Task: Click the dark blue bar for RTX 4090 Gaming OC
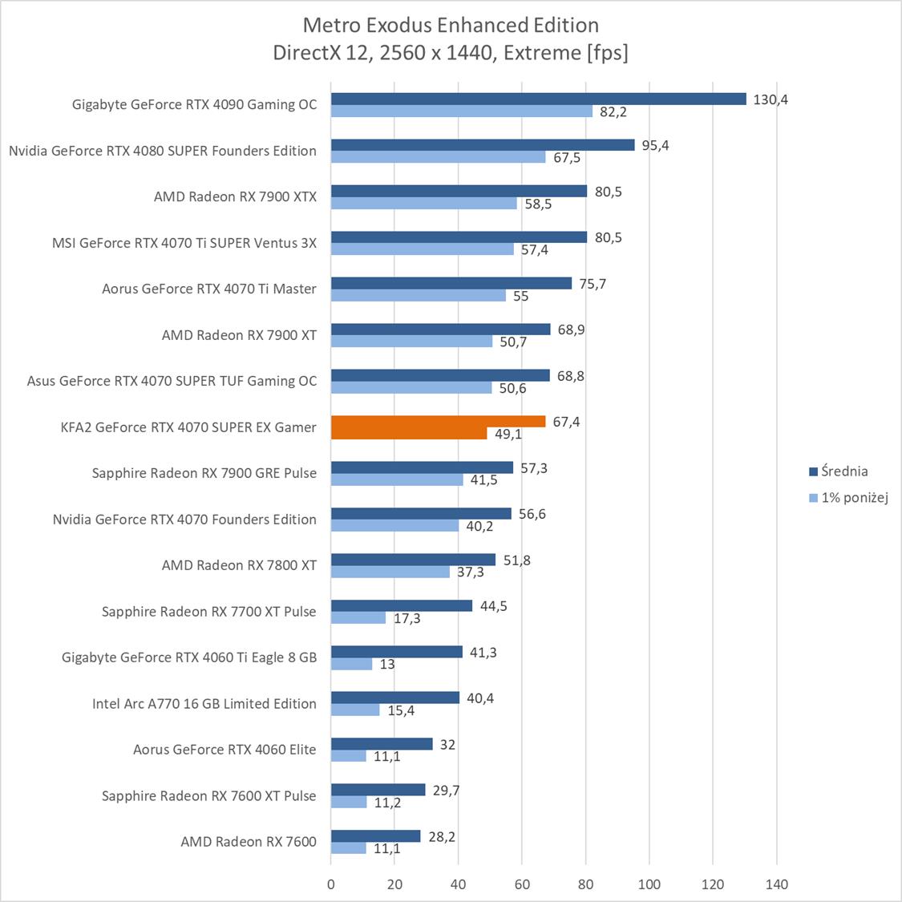point(538,99)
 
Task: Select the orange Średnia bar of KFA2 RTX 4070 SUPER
point(438,422)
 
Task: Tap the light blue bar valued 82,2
point(462,111)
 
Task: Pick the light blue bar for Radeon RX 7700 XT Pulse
point(358,618)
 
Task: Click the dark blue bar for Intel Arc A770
point(395,698)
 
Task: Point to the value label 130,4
point(771,99)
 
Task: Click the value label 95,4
point(655,145)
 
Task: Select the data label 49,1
point(508,434)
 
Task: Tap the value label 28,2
point(441,836)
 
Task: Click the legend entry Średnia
point(844,471)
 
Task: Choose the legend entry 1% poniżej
point(854,498)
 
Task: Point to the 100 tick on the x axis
point(649,884)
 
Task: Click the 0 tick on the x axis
point(331,884)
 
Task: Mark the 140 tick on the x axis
point(777,884)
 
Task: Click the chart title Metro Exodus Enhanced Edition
point(451,26)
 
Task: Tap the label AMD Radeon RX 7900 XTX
point(235,196)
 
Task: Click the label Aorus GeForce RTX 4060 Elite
point(224,750)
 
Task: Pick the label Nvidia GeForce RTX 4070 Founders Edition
point(184,520)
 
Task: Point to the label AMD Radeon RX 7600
point(249,842)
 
